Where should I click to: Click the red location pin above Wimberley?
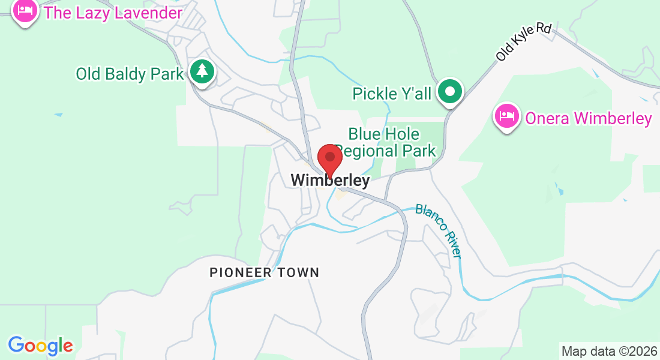(x=329, y=158)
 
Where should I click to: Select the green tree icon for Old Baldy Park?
(x=202, y=71)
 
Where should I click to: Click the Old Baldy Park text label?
(x=129, y=74)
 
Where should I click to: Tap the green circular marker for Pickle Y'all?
(x=449, y=92)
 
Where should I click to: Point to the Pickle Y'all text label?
(x=391, y=94)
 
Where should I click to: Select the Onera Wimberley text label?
(x=588, y=119)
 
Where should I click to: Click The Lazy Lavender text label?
(x=113, y=13)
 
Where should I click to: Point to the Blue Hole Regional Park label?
(x=385, y=142)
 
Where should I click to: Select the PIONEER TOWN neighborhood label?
(x=264, y=272)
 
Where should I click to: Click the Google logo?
(x=40, y=346)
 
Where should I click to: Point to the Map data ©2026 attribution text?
(x=608, y=351)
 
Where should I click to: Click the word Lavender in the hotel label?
(x=147, y=13)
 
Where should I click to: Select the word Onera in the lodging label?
(x=547, y=119)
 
